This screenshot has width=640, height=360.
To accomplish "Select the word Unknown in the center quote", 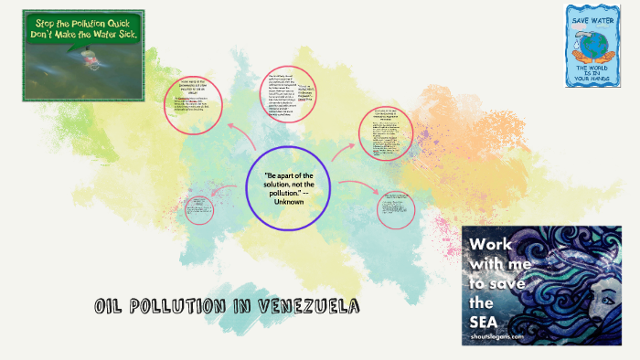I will point(288,200).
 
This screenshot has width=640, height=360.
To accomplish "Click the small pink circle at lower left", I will point(197,211).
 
